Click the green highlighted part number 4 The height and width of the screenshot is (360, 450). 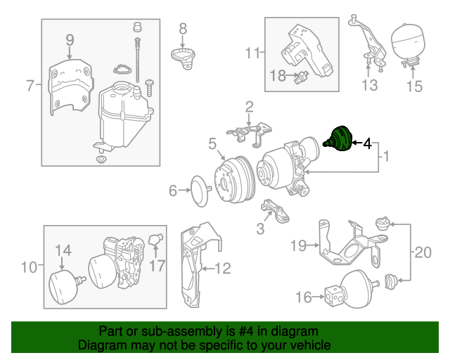(x=339, y=138)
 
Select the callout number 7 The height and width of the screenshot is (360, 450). (x=30, y=86)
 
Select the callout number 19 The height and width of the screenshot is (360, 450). (x=298, y=245)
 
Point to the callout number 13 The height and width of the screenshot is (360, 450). (x=370, y=86)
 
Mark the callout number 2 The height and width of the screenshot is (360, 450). (x=249, y=107)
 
